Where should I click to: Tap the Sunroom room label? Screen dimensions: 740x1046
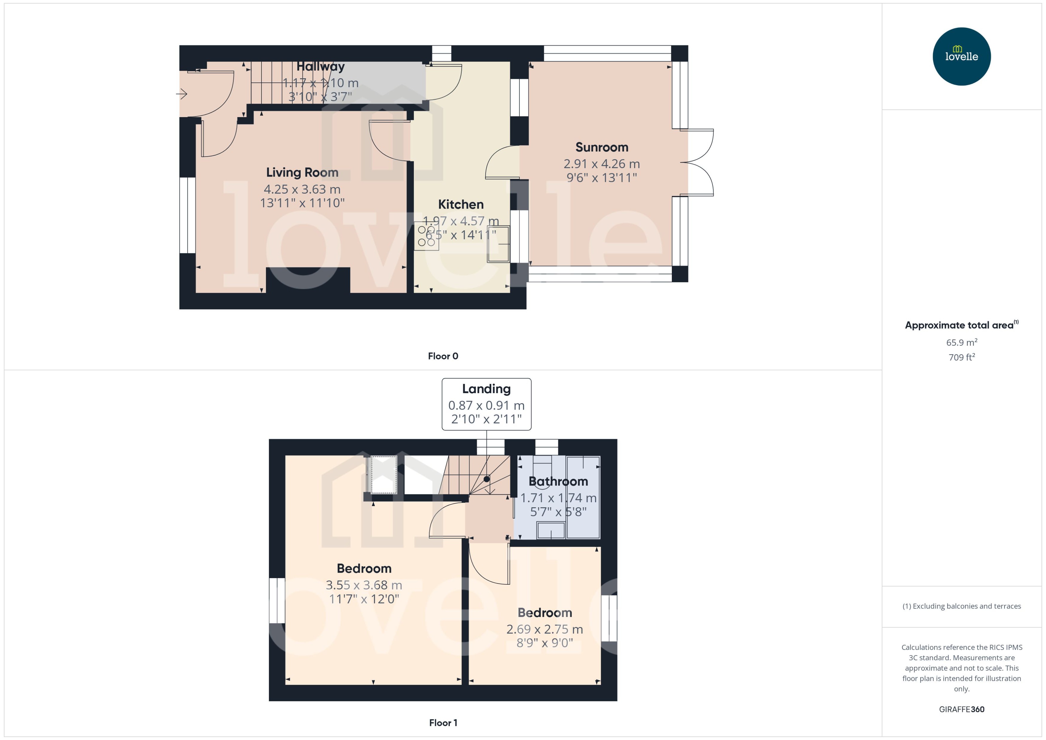(x=602, y=147)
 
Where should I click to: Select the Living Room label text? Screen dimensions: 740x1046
(x=302, y=172)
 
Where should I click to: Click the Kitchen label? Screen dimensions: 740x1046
(x=461, y=204)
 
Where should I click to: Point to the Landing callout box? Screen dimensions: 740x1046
(x=486, y=404)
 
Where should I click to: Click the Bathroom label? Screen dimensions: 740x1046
(x=558, y=481)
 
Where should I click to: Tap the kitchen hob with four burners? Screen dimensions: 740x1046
(x=426, y=236)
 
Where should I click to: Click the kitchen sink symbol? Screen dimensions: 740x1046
(x=498, y=244)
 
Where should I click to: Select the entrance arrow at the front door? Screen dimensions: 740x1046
(x=181, y=94)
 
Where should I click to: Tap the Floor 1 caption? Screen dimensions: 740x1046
(x=443, y=723)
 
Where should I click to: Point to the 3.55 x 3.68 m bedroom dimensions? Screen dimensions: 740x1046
(x=364, y=585)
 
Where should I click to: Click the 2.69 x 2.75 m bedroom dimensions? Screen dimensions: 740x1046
(x=544, y=629)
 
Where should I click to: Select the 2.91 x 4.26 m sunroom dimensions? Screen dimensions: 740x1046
(x=602, y=164)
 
